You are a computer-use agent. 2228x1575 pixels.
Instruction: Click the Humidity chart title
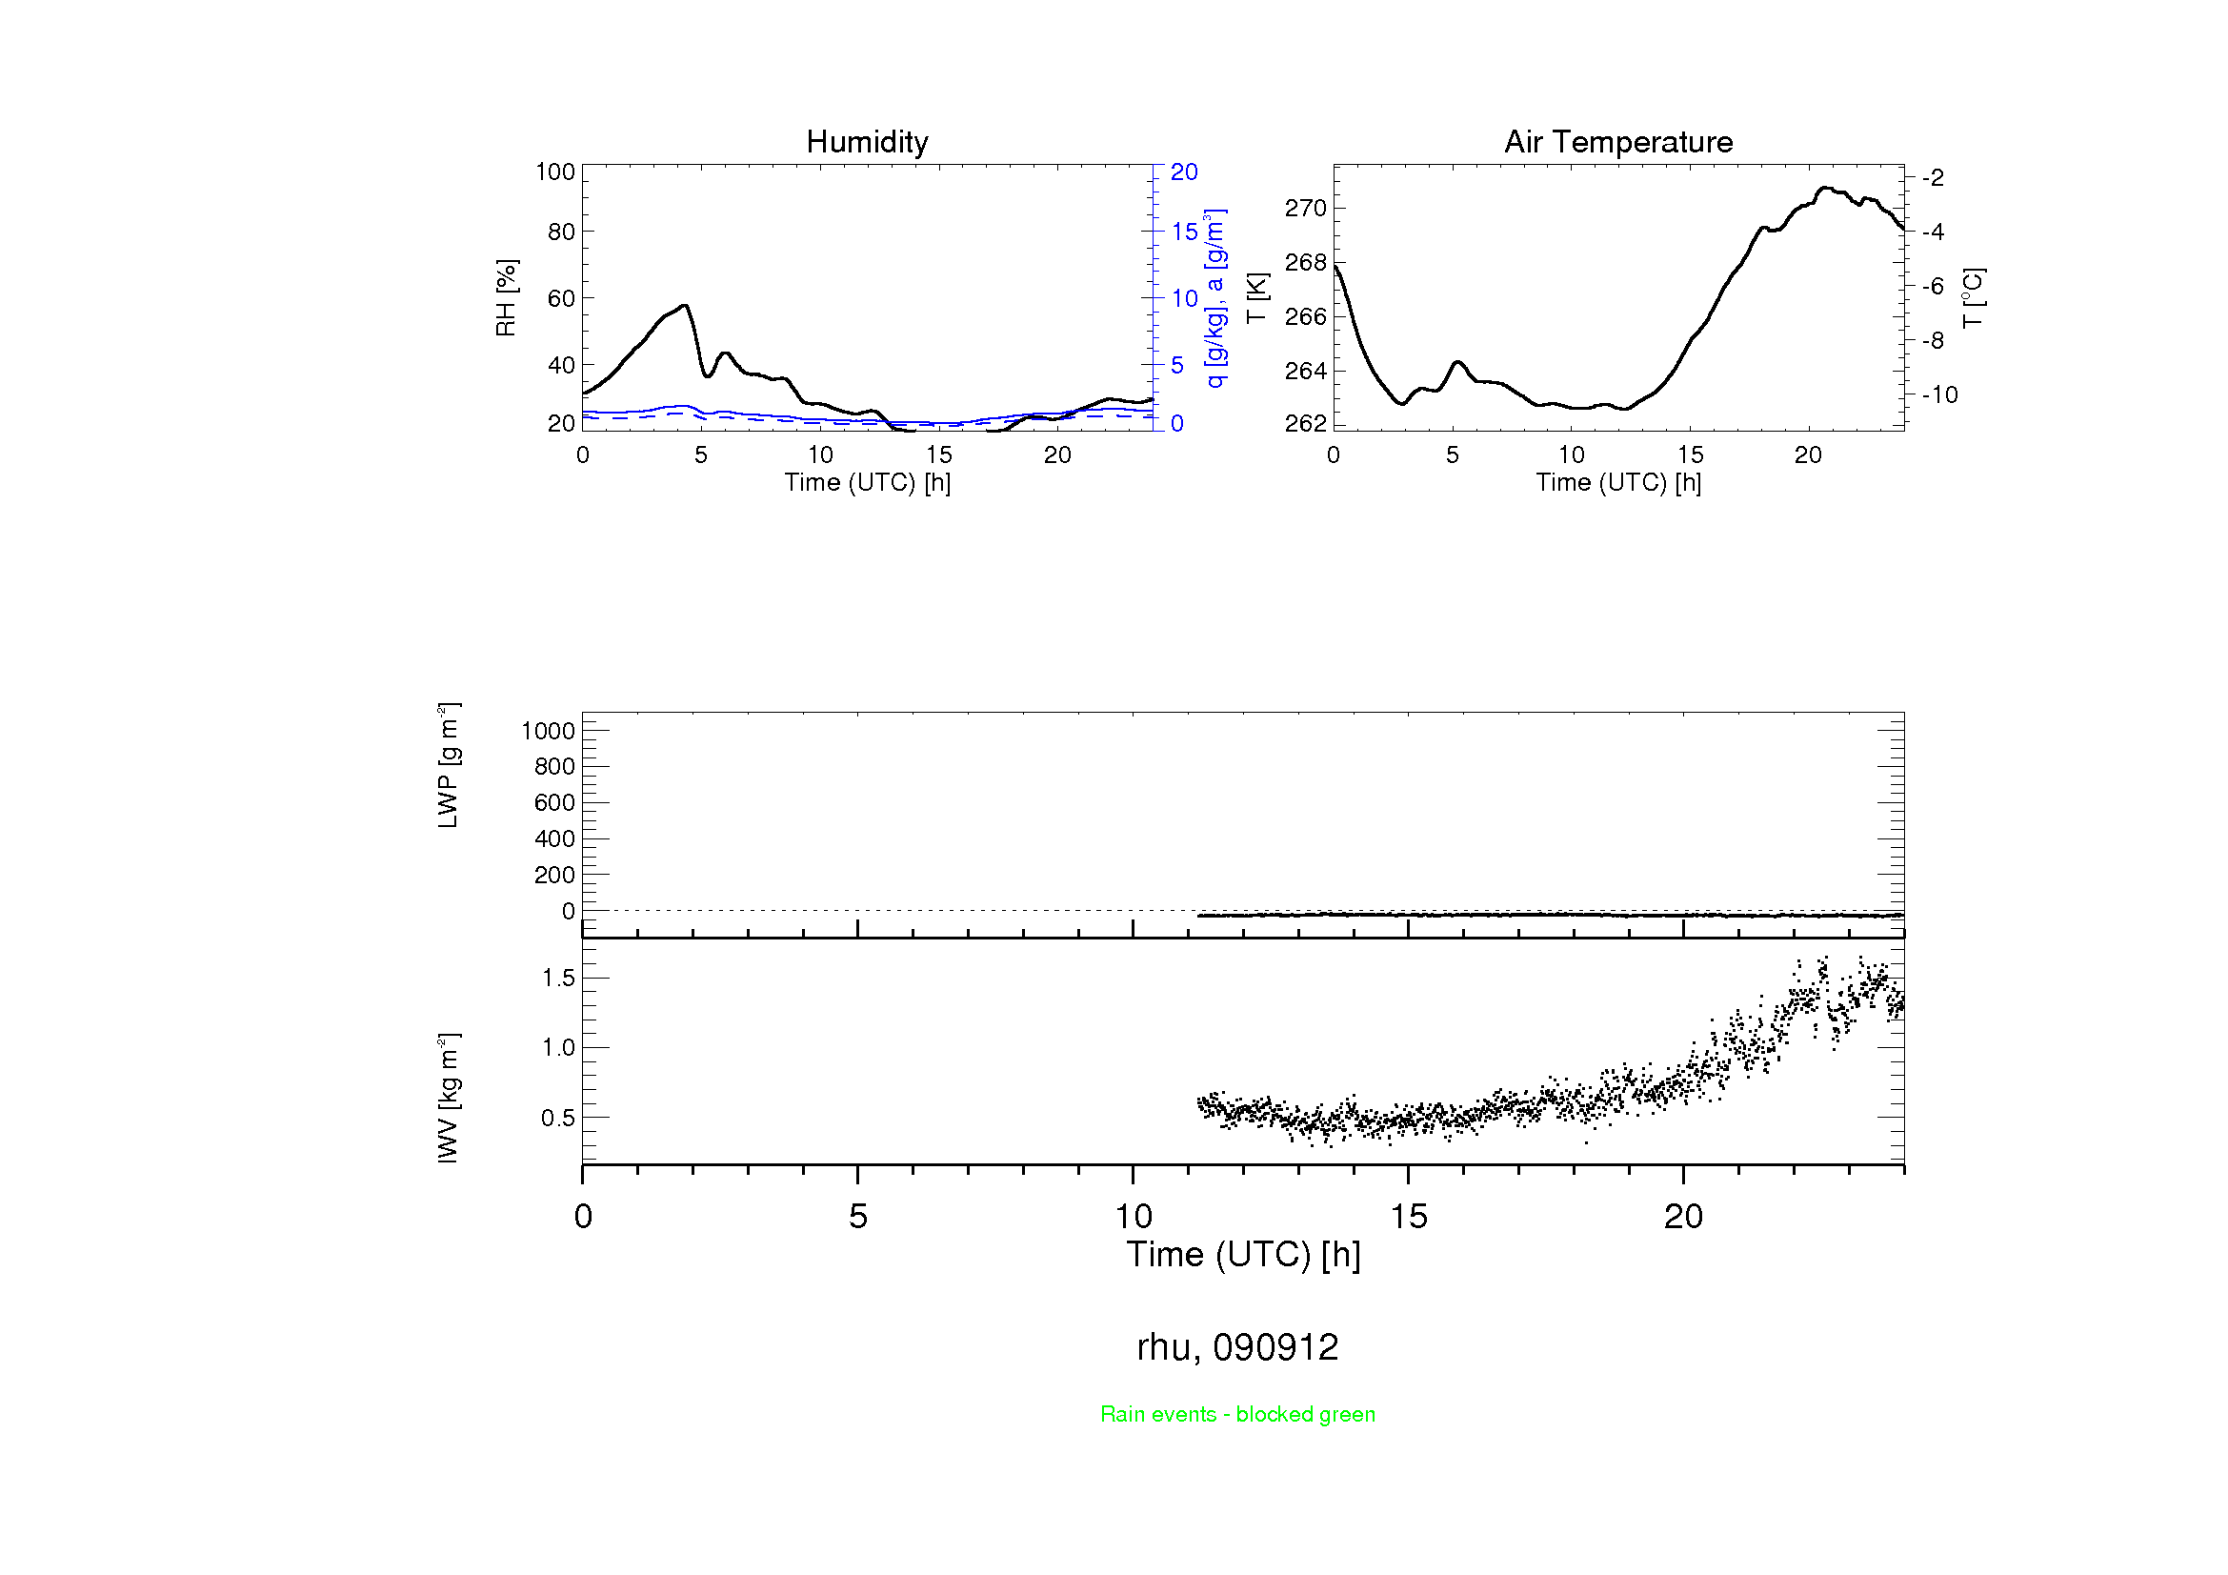[867, 143]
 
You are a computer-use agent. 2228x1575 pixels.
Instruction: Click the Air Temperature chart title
[1617, 143]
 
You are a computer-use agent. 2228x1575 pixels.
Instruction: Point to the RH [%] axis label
[506, 298]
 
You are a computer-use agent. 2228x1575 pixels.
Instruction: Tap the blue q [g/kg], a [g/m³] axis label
[1214, 298]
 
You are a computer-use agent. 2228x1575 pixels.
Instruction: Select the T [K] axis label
[1256, 298]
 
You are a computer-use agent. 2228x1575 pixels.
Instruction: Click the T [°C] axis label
[1973, 298]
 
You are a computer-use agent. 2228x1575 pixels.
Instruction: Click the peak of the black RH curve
[686, 306]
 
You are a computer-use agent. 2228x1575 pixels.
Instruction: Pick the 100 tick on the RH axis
[555, 172]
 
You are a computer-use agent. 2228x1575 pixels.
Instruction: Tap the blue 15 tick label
[1184, 232]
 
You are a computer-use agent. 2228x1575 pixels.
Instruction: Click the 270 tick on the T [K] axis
[1305, 209]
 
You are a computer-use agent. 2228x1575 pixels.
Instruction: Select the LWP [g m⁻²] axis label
[449, 765]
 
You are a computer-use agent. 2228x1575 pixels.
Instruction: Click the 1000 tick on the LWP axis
[549, 731]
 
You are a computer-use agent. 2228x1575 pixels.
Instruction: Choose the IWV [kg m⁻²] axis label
[449, 1098]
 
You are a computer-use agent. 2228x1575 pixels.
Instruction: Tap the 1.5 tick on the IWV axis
[558, 979]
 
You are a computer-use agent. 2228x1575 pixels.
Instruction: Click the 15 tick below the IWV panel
[1408, 1217]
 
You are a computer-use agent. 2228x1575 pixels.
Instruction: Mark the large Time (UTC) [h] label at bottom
[1243, 1255]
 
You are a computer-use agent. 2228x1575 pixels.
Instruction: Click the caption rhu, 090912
[1237, 1347]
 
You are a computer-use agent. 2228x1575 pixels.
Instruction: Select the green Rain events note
[1237, 1414]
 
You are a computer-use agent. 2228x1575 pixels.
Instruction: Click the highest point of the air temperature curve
[1826, 188]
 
